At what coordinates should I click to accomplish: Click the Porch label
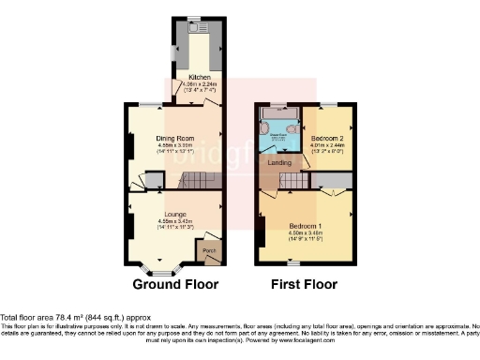click(208, 251)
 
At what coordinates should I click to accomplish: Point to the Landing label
click(279, 163)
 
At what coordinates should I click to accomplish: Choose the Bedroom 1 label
click(305, 227)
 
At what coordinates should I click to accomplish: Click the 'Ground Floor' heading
click(175, 284)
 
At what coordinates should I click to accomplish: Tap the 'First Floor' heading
click(304, 284)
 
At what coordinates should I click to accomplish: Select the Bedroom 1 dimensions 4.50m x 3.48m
click(305, 234)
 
